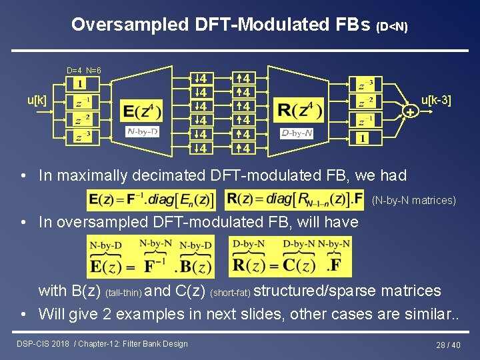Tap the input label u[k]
37,100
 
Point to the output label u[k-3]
436,100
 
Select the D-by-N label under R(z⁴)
297,133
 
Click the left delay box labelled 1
79,84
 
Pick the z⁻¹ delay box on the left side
83,103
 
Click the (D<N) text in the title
392,27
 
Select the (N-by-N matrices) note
413,200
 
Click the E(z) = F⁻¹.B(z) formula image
151,256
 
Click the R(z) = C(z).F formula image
290,256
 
